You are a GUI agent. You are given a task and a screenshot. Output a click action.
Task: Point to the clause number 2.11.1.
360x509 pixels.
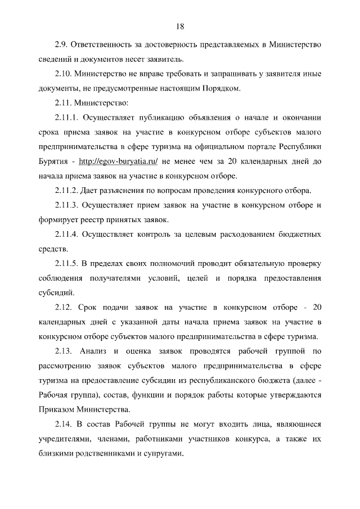67,118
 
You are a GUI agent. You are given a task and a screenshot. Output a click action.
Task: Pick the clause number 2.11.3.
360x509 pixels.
67,205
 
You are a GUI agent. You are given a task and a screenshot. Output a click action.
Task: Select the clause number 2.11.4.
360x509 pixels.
67,235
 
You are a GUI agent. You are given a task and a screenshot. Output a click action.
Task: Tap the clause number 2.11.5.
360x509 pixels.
67,264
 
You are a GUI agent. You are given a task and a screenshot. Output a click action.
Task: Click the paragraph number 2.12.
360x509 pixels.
64,308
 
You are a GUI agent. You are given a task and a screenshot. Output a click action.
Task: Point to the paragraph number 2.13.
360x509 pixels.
64,352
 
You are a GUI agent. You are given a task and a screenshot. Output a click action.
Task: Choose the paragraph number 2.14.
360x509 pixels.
64,425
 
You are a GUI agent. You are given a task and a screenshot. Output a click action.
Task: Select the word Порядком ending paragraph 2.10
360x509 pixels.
223,88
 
